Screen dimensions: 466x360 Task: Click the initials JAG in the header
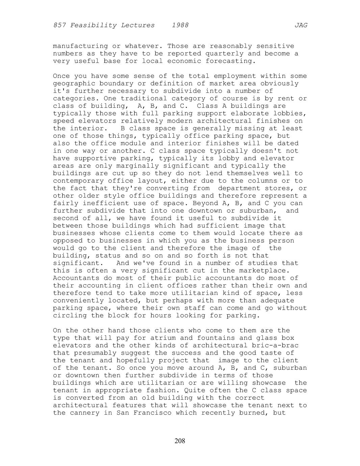pyautogui.click(x=301, y=25)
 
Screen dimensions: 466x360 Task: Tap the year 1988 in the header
pyautogui.click(x=180, y=25)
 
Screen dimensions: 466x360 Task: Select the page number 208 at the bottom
pyautogui.click(x=180, y=441)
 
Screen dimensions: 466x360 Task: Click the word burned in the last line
pyautogui.click(x=254, y=413)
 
